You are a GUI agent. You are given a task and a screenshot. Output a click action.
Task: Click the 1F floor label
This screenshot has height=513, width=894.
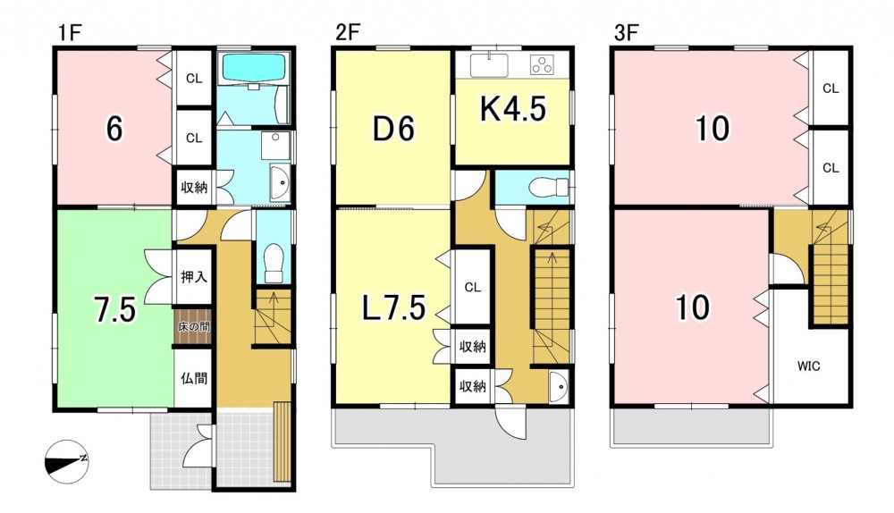click(x=70, y=32)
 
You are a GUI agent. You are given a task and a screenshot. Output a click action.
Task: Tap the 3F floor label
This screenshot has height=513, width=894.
click(x=625, y=32)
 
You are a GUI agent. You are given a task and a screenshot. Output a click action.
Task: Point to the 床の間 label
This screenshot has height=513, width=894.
click(x=194, y=328)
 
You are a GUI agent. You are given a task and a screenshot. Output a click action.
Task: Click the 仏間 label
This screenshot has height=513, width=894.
click(x=194, y=378)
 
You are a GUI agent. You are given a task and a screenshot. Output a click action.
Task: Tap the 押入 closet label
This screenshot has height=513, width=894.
click(x=194, y=278)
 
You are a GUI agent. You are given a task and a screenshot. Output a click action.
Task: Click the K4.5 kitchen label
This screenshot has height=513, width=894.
click(x=512, y=109)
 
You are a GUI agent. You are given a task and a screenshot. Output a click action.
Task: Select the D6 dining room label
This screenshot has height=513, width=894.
click(x=393, y=129)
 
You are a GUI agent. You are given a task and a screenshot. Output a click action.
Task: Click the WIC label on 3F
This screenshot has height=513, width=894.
click(x=808, y=366)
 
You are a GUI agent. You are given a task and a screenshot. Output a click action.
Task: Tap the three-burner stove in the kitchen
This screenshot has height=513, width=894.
click(x=542, y=64)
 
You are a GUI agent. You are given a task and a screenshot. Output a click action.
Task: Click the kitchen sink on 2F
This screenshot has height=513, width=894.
click(x=489, y=64)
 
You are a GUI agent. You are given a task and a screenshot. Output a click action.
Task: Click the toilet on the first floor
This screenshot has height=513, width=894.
click(x=274, y=263)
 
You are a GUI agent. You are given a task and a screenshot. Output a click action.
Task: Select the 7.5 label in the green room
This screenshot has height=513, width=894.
click(x=115, y=311)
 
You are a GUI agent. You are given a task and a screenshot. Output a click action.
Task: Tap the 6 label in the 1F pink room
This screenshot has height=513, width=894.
click(x=114, y=130)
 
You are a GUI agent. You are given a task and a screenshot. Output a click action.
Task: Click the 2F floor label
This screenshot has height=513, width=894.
click(x=347, y=32)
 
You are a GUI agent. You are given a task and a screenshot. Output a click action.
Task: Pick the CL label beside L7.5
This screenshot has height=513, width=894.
click(x=472, y=287)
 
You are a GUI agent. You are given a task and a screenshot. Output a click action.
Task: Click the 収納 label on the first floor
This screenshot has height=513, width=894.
click(x=194, y=187)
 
